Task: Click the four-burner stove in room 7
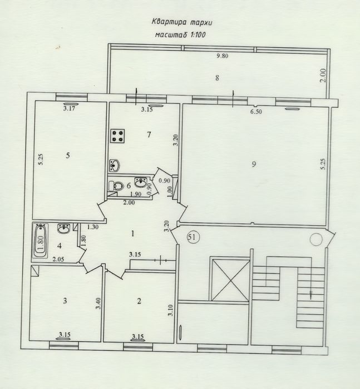point(117,136)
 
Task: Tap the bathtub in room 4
point(40,241)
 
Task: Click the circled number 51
point(193,237)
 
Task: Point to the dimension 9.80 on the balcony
point(223,56)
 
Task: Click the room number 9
point(254,164)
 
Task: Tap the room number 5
point(68,156)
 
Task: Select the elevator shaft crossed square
point(231,279)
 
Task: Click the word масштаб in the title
point(171,34)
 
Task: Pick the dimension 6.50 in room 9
point(256,112)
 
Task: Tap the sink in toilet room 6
point(141,182)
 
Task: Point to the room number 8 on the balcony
point(217,78)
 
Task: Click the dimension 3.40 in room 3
point(98,303)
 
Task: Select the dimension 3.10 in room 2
point(170,310)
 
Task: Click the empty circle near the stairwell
point(316,240)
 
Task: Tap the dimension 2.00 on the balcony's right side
point(323,76)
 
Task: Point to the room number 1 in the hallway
point(133,233)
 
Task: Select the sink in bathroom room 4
point(64,228)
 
